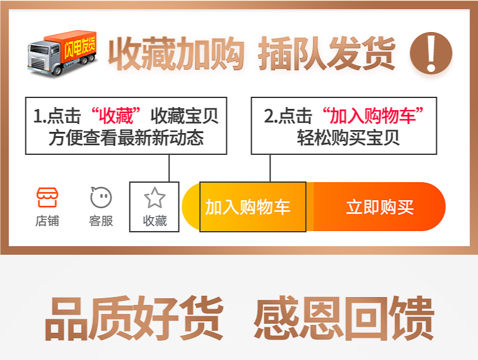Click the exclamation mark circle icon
(x=431, y=53)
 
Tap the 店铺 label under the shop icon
(x=47, y=221)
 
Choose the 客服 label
(x=101, y=221)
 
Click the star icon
(x=154, y=197)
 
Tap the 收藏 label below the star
(x=154, y=221)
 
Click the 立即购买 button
(x=379, y=207)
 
